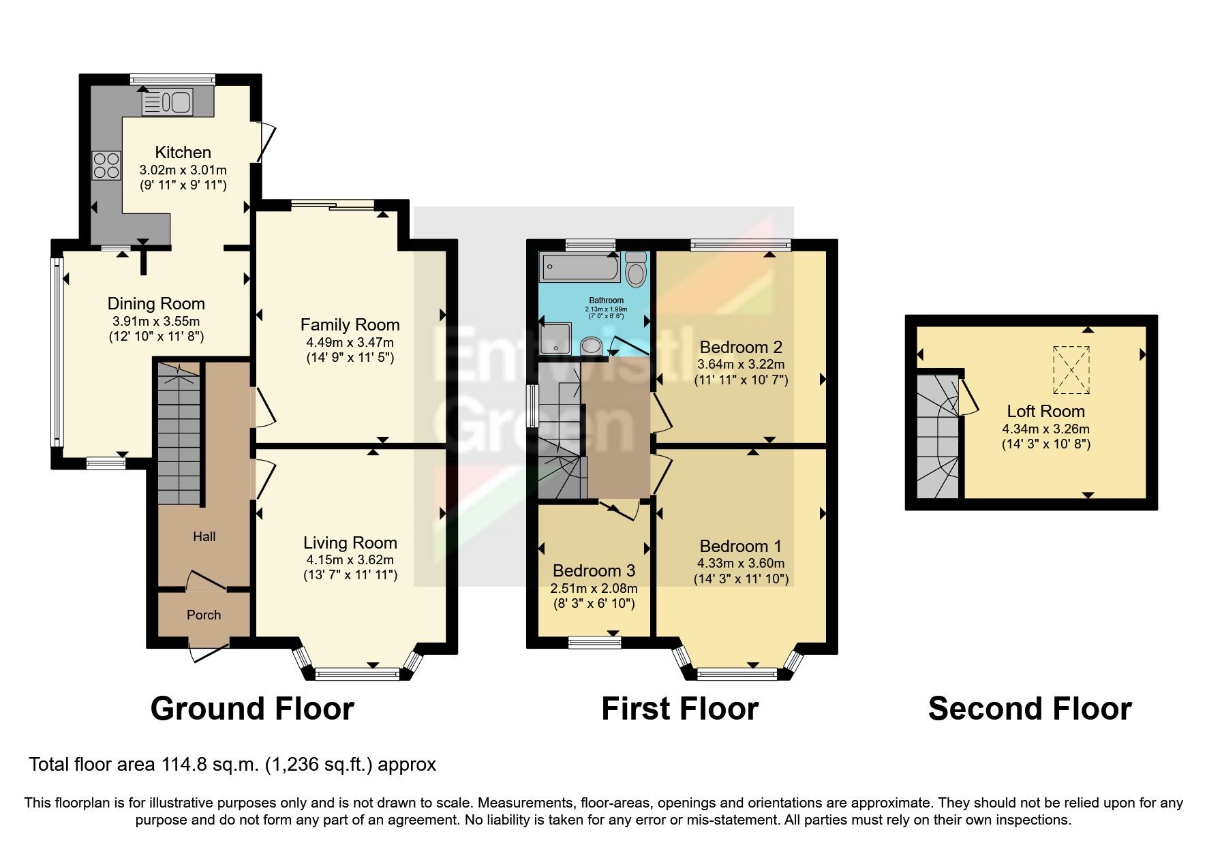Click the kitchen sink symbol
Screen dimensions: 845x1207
point(168,102)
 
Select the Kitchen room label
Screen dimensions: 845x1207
point(183,152)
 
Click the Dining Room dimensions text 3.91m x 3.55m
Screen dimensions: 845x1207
point(156,321)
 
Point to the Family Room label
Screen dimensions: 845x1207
point(350,325)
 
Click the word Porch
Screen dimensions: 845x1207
point(204,615)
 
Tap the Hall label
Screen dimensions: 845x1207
point(204,536)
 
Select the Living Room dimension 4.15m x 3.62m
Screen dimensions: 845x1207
point(350,560)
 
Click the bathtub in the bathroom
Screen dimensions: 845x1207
point(580,267)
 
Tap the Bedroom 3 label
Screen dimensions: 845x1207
point(594,570)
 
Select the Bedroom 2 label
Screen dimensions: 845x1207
point(740,347)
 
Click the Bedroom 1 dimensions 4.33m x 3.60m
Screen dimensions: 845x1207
point(740,564)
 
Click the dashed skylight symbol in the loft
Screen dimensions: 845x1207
point(1071,370)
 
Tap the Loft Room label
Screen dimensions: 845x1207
point(1045,411)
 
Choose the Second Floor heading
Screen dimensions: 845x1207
point(1029,709)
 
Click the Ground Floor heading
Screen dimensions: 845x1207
point(252,709)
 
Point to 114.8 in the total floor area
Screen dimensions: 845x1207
point(182,765)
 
